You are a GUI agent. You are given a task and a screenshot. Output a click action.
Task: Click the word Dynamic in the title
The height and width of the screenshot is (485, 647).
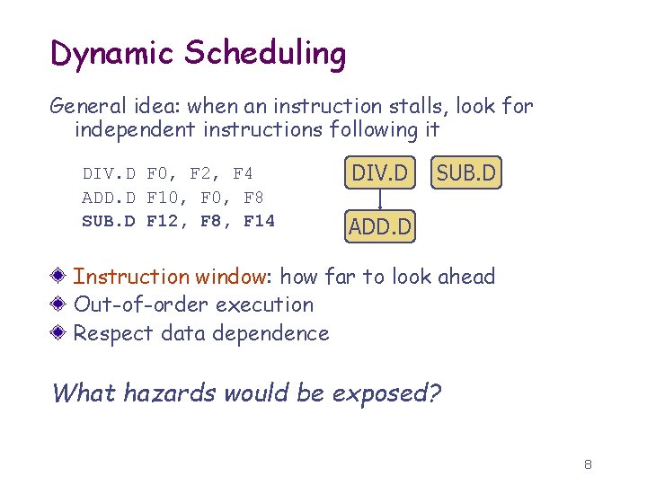[112, 54]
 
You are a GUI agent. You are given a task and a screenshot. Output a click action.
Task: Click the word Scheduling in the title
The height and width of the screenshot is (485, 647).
[265, 54]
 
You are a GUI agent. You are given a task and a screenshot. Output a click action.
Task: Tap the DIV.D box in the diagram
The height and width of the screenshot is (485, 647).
[379, 172]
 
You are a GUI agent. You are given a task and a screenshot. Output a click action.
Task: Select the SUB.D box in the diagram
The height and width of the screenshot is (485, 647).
[465, 172]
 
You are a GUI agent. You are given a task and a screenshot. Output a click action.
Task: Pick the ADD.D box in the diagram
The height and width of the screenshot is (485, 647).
[380, 227]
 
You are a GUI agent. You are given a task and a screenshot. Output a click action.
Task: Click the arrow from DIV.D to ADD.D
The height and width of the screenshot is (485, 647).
[380, 200]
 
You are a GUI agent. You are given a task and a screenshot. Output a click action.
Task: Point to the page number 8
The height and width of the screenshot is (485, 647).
[588, 464]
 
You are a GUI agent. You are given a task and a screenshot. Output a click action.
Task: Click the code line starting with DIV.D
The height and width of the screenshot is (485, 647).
[167, 173]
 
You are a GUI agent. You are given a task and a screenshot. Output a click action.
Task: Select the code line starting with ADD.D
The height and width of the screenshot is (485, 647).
[173, 197]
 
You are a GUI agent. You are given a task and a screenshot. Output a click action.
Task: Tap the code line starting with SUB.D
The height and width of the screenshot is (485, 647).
[178, 220]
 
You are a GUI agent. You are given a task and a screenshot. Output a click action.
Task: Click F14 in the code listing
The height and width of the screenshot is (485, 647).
[259, 220]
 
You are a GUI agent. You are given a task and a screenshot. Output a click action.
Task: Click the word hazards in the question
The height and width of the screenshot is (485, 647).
[175, 393]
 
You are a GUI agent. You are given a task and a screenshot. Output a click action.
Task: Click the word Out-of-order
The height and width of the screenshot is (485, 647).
[133, 305]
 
